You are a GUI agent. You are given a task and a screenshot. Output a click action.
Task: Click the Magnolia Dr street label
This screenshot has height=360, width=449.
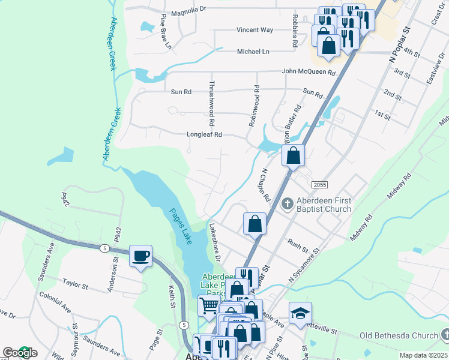[188, 10]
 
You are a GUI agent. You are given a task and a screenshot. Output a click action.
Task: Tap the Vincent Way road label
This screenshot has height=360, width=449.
[255, 29]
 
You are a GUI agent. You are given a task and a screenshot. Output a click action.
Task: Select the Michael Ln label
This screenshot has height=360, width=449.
[253, 52]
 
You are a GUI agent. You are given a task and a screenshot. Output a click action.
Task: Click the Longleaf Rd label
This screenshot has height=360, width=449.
[205, 135]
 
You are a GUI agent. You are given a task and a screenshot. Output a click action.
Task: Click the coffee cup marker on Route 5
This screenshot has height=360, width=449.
[140, 256]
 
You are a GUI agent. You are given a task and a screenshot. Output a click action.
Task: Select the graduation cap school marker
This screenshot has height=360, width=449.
[300, 313]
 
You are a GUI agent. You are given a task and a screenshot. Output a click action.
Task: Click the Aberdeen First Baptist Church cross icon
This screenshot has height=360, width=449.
[287, 204]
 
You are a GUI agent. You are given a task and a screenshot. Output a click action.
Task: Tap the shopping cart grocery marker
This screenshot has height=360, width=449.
[209, 305]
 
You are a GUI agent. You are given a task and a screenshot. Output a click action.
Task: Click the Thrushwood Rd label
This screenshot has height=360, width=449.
[212, 99]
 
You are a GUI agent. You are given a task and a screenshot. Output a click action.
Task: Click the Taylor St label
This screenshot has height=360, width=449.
[76, 283]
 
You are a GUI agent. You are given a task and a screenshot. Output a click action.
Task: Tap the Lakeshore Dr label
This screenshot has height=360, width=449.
[215, 242]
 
